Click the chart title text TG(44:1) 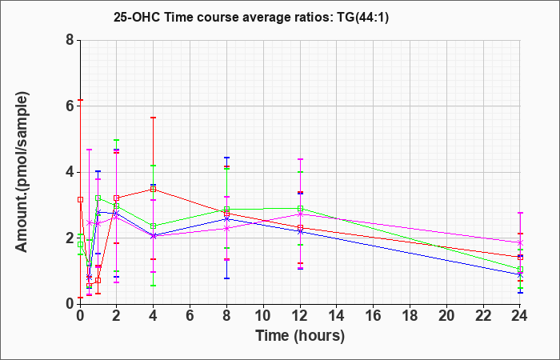click(x=362, y=17)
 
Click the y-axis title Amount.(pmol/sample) click(x=22, y=172)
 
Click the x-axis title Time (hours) click(x=300, y=336)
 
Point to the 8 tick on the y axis click(x=70, y=40)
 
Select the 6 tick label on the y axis click(x=70, y=106)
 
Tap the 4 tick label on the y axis click(x=70, y=172)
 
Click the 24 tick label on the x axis click(x=520, y=316)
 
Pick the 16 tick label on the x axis click(x=374, y=316)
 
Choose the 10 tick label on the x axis click(x=263, y=316)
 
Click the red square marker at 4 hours click(x=154, y=190)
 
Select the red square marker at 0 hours click(x=80, y=200)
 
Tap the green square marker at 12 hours click(x=300, y=209)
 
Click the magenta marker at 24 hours click(x=520, y=243)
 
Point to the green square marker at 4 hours click(x=154, y=226)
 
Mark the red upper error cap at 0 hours click(x=80, y=100)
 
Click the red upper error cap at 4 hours click(x=154, y=118)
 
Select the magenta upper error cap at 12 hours click(x=300, y=159)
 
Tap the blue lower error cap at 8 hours click(x=226, y=278)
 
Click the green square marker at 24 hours click(x=520, y=270)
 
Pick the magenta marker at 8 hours click(x=226, y=229)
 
